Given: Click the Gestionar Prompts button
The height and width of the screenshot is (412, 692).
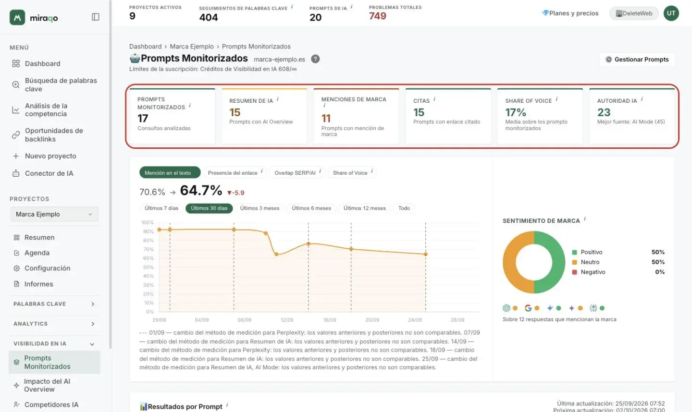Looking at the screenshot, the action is point(637,59).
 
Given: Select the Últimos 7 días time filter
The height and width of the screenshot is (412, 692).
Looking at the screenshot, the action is point(161,208).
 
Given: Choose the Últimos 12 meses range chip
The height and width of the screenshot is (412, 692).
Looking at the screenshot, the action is point(365,208).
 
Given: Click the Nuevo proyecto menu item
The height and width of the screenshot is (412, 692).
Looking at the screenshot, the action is point(50,156).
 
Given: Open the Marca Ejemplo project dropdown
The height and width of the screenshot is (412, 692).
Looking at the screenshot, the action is point(54,214).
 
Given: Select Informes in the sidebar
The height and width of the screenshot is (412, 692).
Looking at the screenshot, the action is point(38,284).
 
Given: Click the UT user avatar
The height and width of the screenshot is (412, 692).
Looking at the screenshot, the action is point(671,13).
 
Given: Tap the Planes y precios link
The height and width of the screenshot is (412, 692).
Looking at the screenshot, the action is point(570,13).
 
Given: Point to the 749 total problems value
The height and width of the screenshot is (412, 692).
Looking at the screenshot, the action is point(378,16).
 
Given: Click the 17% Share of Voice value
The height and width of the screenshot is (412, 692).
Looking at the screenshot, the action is point(515,112).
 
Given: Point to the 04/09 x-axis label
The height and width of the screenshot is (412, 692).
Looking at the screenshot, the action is point(202,320).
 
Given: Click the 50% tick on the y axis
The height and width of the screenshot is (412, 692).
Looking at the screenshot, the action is point(148,267).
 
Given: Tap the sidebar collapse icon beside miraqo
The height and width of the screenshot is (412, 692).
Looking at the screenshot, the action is point(96,17).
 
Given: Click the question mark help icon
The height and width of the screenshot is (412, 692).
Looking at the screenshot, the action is point(315,59).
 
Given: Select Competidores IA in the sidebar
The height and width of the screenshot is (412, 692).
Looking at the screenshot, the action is point(51,405).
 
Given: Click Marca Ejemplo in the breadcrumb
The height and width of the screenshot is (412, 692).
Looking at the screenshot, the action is point(192,46).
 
